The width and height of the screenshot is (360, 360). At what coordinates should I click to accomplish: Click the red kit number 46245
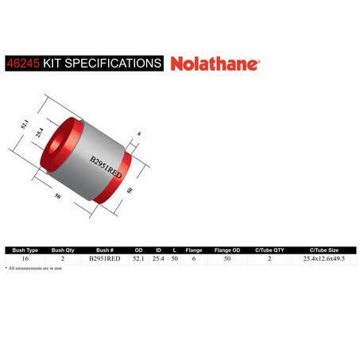click(x=23, y=64)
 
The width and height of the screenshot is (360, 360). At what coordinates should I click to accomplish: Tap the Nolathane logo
click(x=215, y=64)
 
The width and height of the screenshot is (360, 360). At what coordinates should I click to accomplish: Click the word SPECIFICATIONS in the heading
click(x=113, y=64)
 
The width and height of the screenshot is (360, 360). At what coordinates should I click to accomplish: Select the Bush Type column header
click(x=25, y=250)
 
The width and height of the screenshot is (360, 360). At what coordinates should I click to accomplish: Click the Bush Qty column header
click(x=63, y=250)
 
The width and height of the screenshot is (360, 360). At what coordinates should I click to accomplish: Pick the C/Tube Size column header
click(x=324, y=250)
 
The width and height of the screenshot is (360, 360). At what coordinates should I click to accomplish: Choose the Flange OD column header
click(x=227, y=250)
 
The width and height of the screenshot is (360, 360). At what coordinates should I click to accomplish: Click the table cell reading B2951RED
click(x=105, y=258)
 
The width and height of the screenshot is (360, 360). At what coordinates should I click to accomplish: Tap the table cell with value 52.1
click(x=138, y=258)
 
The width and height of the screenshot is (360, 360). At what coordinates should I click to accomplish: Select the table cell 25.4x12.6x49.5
click(x=324, y=258)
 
